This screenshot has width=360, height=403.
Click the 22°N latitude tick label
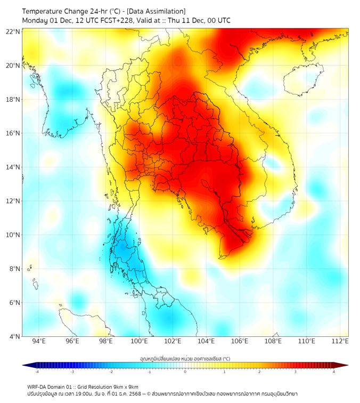pos(13,31)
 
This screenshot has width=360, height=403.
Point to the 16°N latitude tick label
pos(13,133)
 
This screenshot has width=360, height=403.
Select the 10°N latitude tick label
pos(13,235)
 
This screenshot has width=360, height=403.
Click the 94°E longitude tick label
pos(39,342)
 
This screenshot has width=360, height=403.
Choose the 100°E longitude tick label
pos(139,342)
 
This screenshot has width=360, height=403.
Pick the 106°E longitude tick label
pos(240,342)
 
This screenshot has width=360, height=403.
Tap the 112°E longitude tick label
pos(340,342)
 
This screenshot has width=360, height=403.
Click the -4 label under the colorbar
pos(37,372)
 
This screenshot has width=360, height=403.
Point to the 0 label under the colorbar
pos(185,372)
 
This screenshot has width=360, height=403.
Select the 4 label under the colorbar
pos(334,372)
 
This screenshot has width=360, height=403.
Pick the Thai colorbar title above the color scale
pos(185,359)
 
